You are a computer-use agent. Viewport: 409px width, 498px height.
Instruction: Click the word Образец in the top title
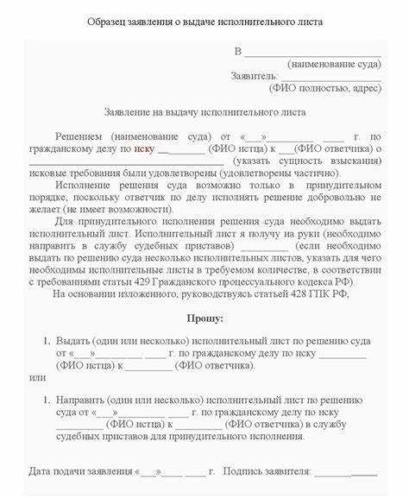[110, 20]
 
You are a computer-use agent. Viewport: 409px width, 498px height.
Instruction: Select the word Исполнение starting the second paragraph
[85, 185]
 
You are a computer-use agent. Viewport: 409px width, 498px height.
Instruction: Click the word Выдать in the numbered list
[74, 340]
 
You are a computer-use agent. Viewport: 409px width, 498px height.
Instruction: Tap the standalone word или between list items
[35, 376]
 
